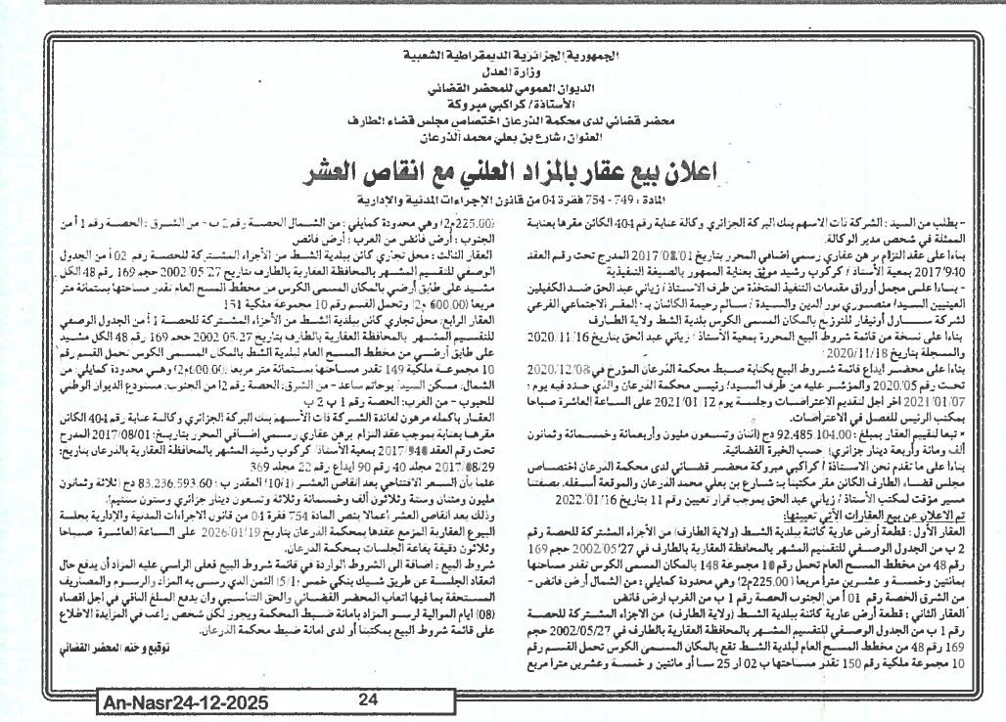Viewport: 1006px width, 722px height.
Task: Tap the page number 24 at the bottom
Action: [368, 699]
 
